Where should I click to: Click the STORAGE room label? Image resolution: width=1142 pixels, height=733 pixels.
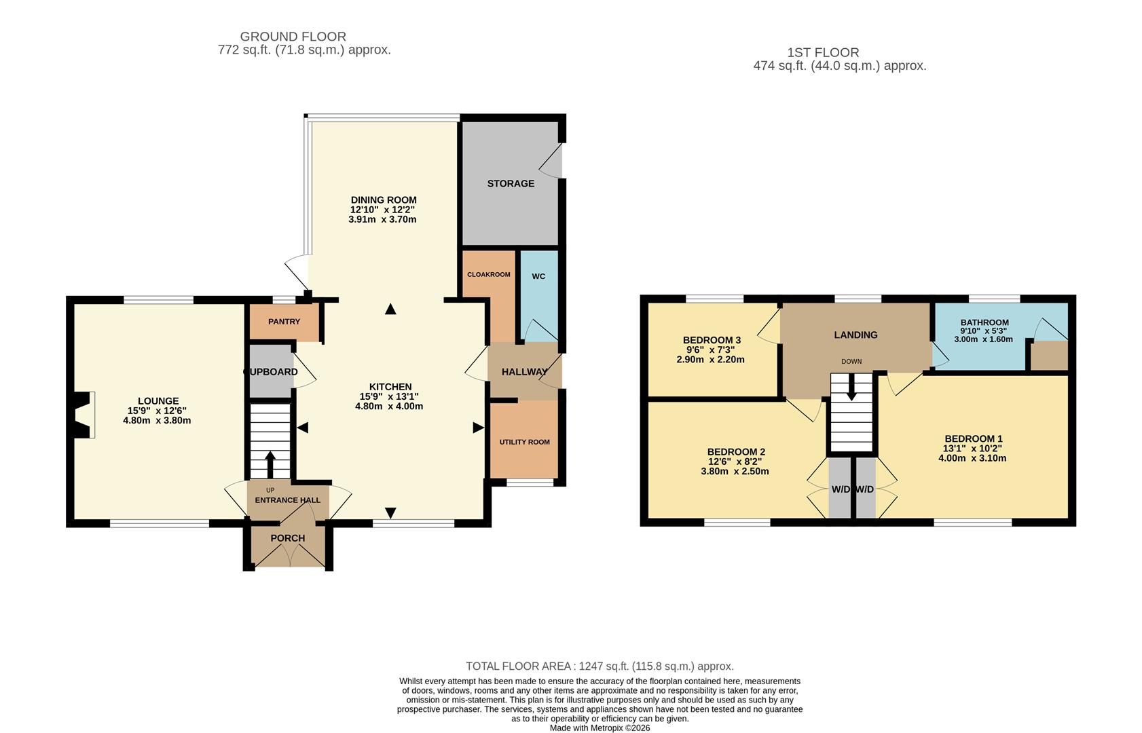(x=511, y=183)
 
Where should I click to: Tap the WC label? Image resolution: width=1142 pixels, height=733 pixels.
(x=538, y=276)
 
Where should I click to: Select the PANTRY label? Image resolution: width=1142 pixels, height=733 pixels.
(x=284, y=322)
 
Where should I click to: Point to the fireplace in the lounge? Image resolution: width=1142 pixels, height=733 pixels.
(x=81, y=415)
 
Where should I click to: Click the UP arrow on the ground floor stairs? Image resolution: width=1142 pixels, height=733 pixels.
(x=270, y=464)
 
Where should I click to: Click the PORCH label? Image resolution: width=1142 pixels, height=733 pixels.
(x=288, y=538)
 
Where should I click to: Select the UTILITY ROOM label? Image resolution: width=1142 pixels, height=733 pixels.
(x=524, y=442)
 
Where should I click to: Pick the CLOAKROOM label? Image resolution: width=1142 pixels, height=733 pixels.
(x=488, y=275)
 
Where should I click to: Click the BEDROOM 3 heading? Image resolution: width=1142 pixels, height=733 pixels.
(x=712, y=340)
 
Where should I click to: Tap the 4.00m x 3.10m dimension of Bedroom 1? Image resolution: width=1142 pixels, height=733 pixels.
(x=972, y=458)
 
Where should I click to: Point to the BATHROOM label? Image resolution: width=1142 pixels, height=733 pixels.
(x=984, y=322)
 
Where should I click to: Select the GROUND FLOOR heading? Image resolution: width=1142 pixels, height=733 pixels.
(x=293, y=37)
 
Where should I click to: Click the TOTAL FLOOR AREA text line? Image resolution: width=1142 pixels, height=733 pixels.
(x=600, y=666)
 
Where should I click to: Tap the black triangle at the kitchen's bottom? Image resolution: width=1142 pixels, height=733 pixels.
(x=390, y=512)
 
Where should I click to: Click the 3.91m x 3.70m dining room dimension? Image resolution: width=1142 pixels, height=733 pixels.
(x=382, y=219)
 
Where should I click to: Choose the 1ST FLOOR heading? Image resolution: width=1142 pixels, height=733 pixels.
(x=823, y=52)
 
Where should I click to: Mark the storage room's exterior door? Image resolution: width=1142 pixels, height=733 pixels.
(x=555, y=161)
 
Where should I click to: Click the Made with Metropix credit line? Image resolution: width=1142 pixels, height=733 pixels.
(x=600, y=728)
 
